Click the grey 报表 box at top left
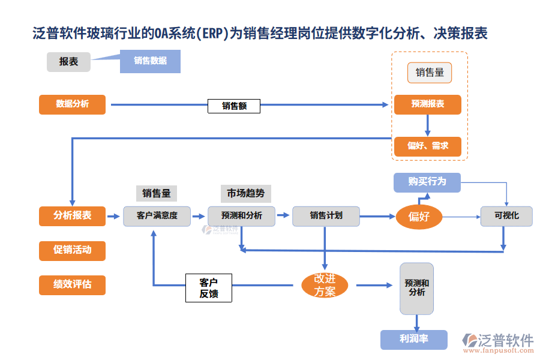(68, 62)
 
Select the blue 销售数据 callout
(150, 61)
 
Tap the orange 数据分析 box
(72, 104)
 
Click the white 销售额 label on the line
(234, 106)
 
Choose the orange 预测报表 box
(428, 104)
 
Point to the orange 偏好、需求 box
(428, 146)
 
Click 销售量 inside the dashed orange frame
(430, 73)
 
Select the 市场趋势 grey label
(245, 193)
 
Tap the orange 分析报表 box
(72, 216)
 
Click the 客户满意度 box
(157, 216)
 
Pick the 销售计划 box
(326, 216)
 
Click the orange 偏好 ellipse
(418, 217)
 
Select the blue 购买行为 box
(427, 182)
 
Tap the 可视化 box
(506, 216)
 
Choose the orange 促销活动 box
(72, 250)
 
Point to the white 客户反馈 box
(208, 287)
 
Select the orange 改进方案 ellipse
(324, 285)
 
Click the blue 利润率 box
(414, 339)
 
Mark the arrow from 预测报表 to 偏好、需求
(428, 125)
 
